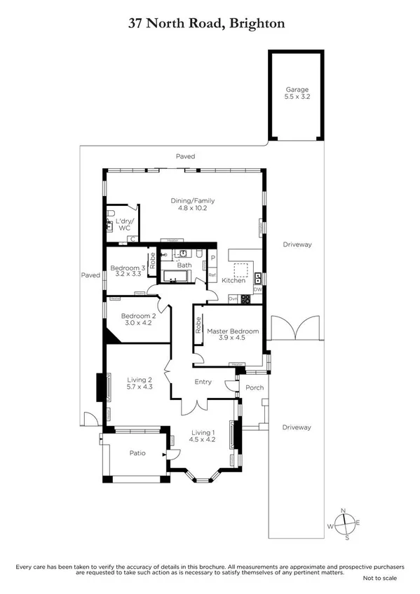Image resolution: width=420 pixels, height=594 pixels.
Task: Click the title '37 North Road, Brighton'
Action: [x=206, y=24]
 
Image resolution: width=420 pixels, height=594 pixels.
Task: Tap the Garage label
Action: [x=297, y=94]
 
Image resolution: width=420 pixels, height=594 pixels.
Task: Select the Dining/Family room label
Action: [x=191, y=205]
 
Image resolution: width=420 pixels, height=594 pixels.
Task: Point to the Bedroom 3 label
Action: [x=127, y=271]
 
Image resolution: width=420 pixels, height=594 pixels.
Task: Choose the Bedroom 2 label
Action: [x=137, y=319]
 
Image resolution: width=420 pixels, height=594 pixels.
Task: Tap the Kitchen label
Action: [x=233, y=280]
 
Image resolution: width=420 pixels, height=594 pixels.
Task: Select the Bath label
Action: [x=184, y=265]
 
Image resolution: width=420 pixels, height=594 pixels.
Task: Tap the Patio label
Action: [x=137, y=453]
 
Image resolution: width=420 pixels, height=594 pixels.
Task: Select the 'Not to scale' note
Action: [x=379, y=578]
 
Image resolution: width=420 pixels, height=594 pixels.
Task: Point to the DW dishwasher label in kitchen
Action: [x=257, y=289]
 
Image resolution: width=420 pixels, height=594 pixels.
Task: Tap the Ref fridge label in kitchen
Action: [x=212, y=275]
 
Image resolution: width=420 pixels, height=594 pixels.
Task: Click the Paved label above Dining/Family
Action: [x=185, y=156]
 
